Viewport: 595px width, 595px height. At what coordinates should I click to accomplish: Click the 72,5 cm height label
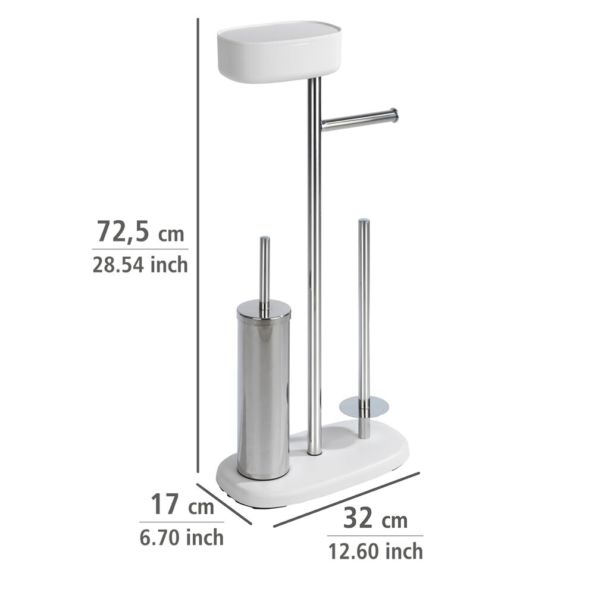[x=140, y=232]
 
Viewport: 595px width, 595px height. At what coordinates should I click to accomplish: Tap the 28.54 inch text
[x=140, y=264]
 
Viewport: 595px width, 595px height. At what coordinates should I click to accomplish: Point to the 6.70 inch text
[x=182, y=537]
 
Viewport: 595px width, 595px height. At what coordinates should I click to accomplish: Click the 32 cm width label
[x=375, y=519]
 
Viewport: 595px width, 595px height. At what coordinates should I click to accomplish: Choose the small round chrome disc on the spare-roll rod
[x=364, y=407]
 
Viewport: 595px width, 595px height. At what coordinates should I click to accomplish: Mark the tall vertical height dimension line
[x=198, y=238]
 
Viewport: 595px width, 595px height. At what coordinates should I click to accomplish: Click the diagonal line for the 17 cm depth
[x=224, y=505]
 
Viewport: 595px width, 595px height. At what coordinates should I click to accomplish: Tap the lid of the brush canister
[x=264, y=309]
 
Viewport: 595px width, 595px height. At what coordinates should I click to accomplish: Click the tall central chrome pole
[x=315, y=268]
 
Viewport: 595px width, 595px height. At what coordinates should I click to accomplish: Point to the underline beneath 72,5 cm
[x=140, y=249]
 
